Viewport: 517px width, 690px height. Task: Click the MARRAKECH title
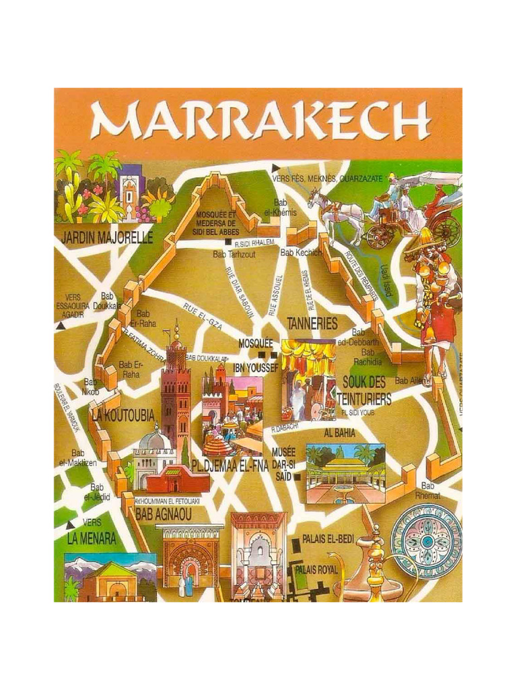[x=260, y=121]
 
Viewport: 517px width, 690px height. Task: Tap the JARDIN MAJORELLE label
[x=107, y=237]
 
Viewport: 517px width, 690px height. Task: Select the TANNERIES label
[x=312, y=323]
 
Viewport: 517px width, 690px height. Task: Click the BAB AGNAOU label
[x=164, y=515]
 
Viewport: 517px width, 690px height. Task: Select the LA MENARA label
[x=92, y=538]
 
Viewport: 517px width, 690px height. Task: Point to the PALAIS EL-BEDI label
[x=328, y=539]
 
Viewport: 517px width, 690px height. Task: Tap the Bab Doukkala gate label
[x=107, y=301]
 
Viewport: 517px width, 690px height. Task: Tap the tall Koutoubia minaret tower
[x=176, y=391]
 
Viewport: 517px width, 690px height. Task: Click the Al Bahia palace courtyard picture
[x=345, y=473]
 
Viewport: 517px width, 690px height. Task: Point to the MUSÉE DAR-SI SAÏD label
[x=283, y=464]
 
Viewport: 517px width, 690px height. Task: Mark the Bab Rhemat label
[x=428, y=490]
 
